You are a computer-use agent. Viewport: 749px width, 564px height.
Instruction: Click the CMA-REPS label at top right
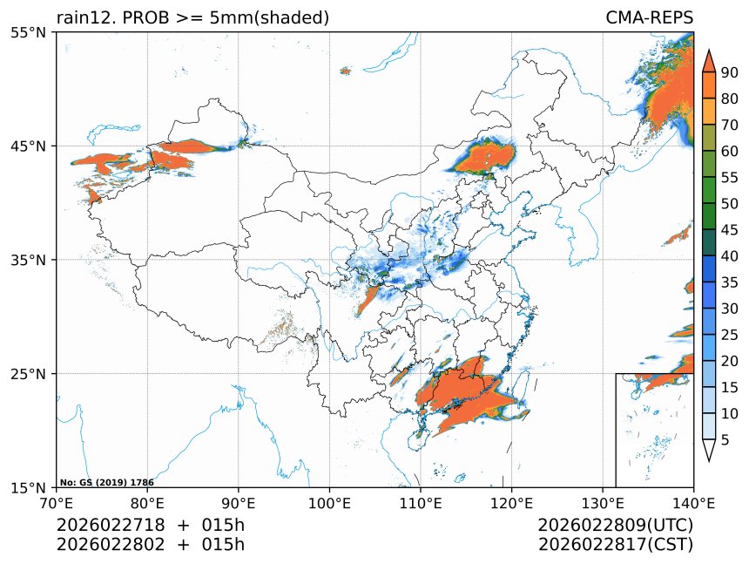tap(649, 17)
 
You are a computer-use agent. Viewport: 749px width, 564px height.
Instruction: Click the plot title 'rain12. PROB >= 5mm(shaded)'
tap(192, 17)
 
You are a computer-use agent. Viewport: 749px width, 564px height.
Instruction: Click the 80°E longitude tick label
tap(147, 502)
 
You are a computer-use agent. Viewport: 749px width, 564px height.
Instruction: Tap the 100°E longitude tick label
tap(329, 502)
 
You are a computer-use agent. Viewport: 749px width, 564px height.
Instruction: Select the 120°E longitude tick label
tap(511, 502)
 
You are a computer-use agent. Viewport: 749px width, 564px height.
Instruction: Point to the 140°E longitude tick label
tap(693, 502)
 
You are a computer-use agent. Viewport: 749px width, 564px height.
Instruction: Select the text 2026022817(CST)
tap(615, 545)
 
